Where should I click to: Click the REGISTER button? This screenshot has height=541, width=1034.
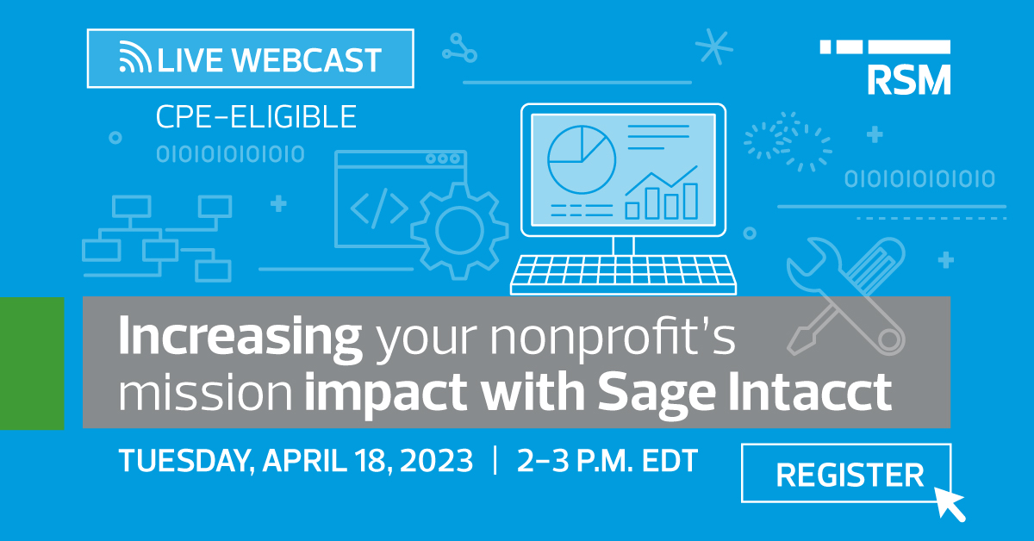click(845, 473)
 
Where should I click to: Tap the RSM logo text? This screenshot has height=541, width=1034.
click(909, 79)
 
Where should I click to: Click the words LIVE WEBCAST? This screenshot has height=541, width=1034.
click(269, 59)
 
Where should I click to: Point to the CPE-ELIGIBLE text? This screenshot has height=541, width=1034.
click(256, 116)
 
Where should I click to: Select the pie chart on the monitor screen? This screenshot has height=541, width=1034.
click(582, 159)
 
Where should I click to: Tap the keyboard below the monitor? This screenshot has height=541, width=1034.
click(623, 274)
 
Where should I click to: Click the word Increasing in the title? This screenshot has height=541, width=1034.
click(240, 337)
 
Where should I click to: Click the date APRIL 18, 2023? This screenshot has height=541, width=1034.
click(368, 460)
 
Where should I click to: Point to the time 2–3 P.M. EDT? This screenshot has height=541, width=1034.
click(607, 460)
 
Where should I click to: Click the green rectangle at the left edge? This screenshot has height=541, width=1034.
click(32, 364)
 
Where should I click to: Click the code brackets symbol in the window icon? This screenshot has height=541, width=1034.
click(379, 208)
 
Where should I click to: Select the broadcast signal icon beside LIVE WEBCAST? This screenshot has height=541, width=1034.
click(134, 57)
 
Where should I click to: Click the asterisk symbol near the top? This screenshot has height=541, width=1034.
click(714, 47)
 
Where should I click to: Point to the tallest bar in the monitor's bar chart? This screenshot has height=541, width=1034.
click(690, 201)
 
